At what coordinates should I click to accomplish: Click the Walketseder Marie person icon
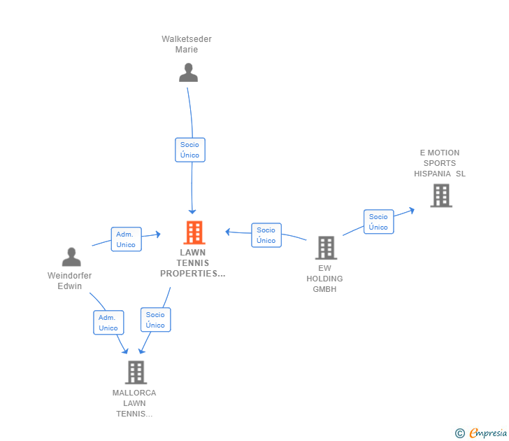click(x=188, y=73)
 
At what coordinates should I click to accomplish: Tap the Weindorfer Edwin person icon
click(x=71, y=257)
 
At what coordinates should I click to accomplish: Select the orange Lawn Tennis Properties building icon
click(x=194, y=232)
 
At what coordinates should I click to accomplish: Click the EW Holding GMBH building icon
click(x=326, y=248)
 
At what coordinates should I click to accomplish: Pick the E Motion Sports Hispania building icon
click(x=441, y=195)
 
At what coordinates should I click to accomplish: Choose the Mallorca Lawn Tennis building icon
click(x=136, y=372)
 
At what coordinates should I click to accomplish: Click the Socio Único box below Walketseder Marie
click(x=190, y=150)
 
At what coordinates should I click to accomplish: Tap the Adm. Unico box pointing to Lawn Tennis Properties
click(x=126, y=239)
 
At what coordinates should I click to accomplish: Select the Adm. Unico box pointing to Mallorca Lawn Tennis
click(x=108, y=323)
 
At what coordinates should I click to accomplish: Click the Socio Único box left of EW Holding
click(x=266, y=235)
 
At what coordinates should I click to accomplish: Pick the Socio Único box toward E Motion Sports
click(x=378, y=222)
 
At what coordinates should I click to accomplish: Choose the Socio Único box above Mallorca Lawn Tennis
click(x=155, y=320)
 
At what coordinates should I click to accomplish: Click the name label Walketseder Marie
click(x=187, y=44)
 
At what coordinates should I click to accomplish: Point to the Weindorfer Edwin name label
click(x=69, y=281)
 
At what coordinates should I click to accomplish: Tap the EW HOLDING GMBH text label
click(x=324, y=279)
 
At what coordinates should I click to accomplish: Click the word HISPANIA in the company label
click(x=432, y=174)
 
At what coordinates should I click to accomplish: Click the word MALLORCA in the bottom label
click(x=134, y=393)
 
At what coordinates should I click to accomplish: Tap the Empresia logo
click(x=481, y=433)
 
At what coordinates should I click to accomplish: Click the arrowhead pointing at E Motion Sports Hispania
click(x=412, y=210)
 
